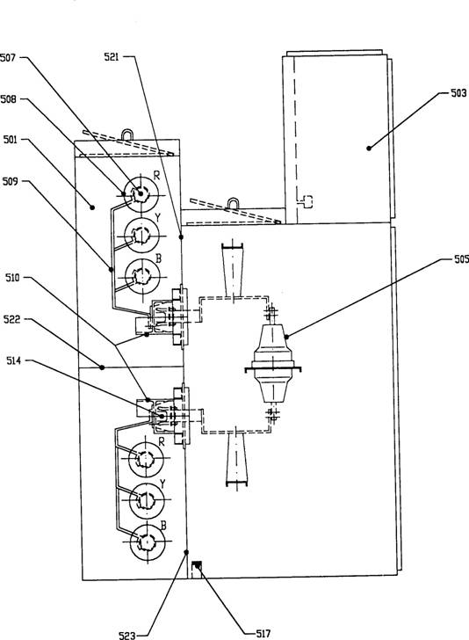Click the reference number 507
pos(8,57)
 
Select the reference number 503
pos(458,93)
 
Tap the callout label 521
pos(112,57)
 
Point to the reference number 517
pos(263,633)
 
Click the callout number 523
pos(126,635)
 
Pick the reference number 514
pos(13,360)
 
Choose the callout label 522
pos(11,319)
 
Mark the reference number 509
pos(11,181)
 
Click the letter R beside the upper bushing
pos(156,176)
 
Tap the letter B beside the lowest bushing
pos(163,526)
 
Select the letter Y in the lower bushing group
pos(162,484)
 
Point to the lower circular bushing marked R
pos(146,459)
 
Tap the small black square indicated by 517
pos(197,565)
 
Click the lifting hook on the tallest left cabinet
pos(127,135)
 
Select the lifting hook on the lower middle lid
pos(233,203)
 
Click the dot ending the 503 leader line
pos(369,149)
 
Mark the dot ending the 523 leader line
pos(186,552)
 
